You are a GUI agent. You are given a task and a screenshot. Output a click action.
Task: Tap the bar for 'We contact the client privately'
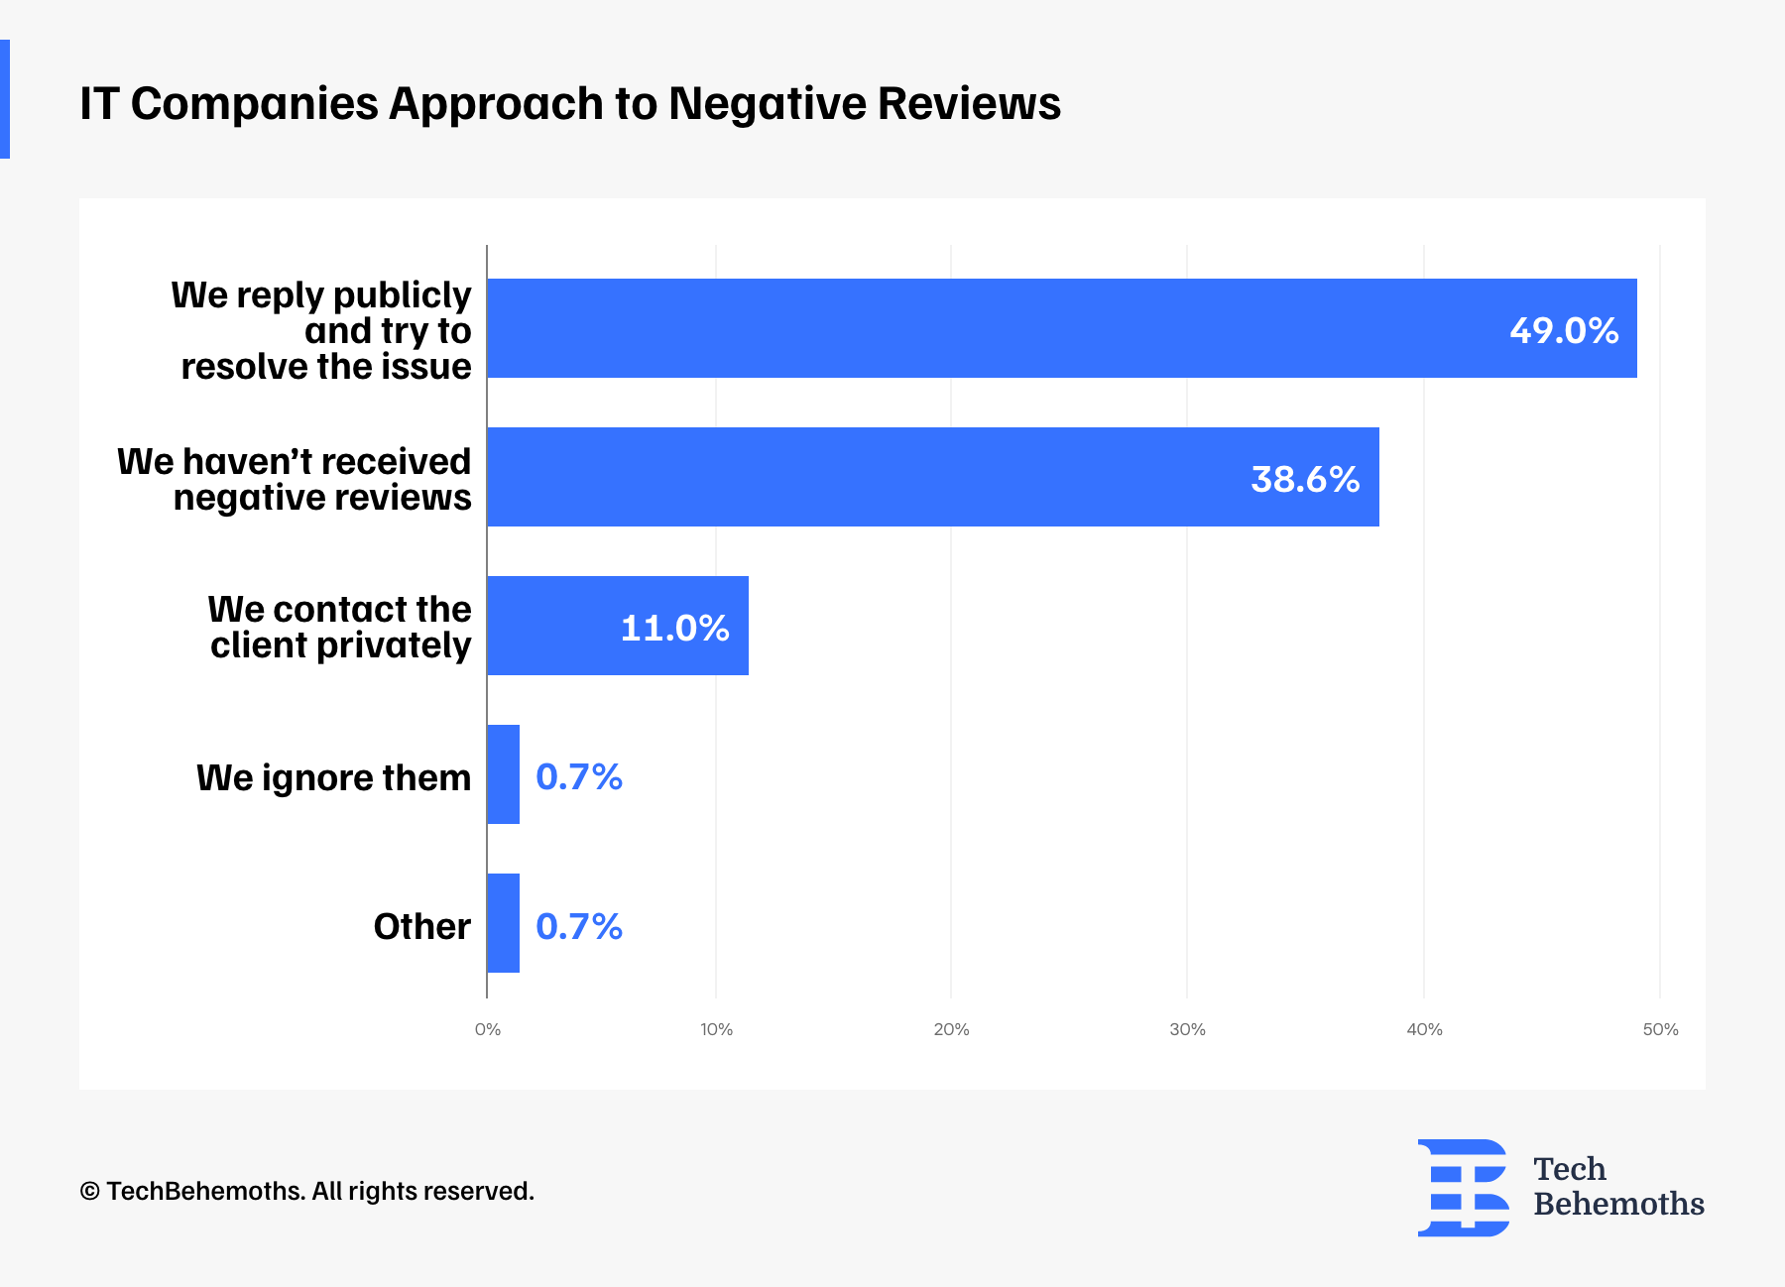click(x=555, y=626)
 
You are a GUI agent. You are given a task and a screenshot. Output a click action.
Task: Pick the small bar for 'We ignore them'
click(x=503, y=774)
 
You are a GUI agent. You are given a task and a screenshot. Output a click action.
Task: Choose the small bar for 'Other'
click(x=503, y=923)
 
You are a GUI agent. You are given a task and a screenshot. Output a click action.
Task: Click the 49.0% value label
click(x=1564, y=330)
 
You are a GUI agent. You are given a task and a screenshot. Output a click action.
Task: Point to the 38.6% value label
click(x=1305, y=479)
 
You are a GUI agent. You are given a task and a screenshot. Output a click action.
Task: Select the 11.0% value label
click(x=674, y=628)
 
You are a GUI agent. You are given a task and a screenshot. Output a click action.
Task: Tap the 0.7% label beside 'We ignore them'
click(x=579, y=776)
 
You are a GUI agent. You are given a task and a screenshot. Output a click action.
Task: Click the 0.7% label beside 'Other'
click(x=579, y=926)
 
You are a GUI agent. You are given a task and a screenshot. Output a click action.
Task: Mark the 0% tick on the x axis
click(x=488, y=1029)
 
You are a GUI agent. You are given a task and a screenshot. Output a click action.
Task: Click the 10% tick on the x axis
click(x=716, y=1029)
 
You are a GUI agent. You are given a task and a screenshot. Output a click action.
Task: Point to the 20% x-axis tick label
click(x=951, y=1029)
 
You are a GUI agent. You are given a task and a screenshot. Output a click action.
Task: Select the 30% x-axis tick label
click(x=1187, y=1029)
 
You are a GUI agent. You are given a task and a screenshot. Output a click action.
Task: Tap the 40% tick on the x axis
click(x=1424, y=1029)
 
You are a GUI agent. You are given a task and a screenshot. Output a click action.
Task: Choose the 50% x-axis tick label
click(x=1660, y=1029)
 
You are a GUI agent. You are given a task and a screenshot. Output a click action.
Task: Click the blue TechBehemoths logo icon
click(x=1463, y=1187)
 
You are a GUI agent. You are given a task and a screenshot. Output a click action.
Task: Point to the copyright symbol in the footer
click(x=89, y=1191)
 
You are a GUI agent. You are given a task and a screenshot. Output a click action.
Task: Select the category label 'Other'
click(x=421, y=926)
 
